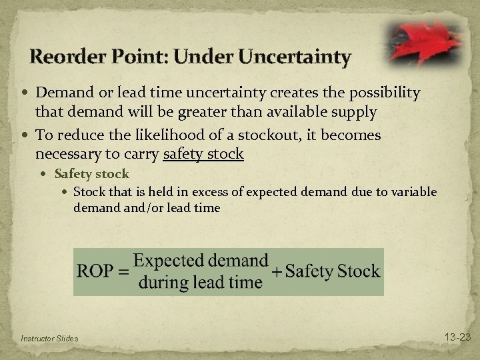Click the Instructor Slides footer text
coord(49,339)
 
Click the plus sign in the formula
coord(277,271)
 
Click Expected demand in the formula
coord(201,260)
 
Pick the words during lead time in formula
coord(201,283)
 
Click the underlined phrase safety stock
coord(202,154)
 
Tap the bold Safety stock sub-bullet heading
coord(92,174)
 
